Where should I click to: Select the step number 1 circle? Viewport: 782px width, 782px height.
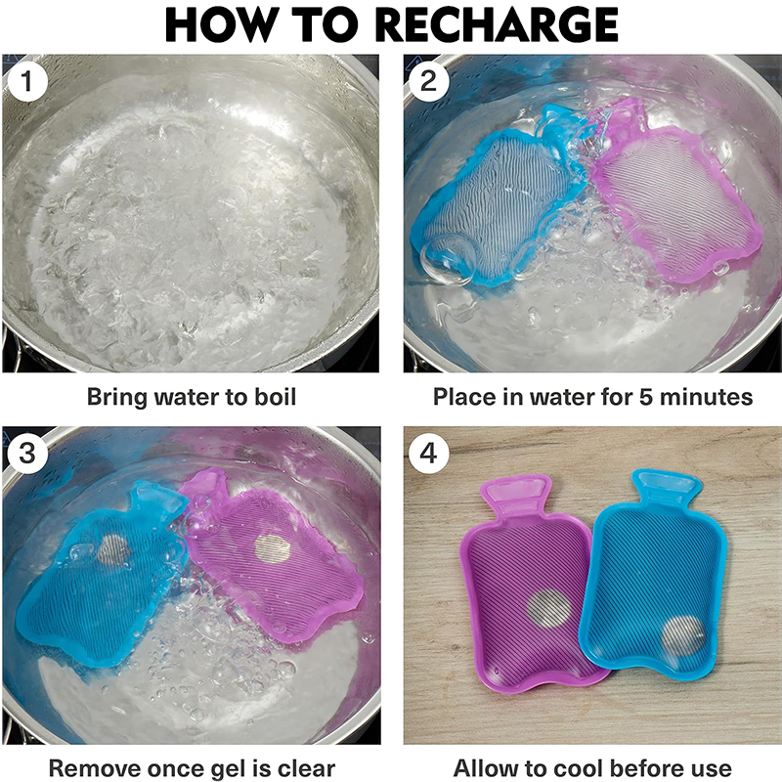[27, 81]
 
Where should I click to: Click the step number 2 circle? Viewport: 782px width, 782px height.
[428, 81]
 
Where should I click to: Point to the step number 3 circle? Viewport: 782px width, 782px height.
[27, 453]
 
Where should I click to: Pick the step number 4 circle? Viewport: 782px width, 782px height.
[428, 453]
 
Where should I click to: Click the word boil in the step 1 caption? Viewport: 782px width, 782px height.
[276, 397]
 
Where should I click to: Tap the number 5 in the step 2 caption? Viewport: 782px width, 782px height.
[646, 398]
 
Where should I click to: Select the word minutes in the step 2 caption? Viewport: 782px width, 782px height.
[706, 398]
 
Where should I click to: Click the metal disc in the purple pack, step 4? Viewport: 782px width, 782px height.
[549, 608]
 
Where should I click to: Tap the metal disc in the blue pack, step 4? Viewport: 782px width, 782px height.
[683, 634]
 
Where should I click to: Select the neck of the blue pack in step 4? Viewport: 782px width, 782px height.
[667, 486]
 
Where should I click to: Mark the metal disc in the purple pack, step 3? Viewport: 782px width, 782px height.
[273, 549]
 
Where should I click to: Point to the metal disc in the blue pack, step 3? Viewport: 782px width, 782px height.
[114, 550]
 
